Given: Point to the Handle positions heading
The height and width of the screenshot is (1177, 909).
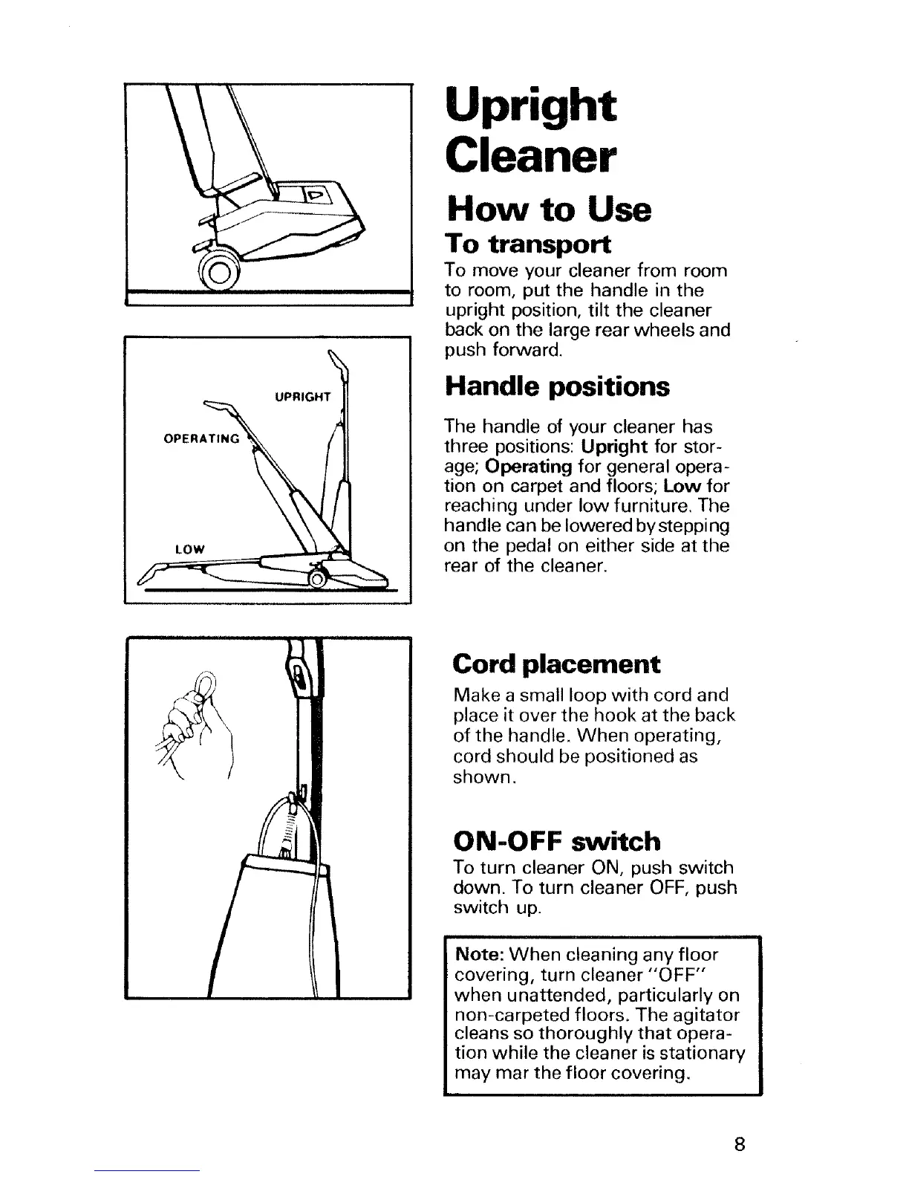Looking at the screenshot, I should [556, 387].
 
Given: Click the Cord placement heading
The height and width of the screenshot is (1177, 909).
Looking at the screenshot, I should [556, 664].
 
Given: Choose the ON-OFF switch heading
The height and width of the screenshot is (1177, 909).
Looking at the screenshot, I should [556, 841].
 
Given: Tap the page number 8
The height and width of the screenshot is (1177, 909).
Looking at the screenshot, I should [738, 1145].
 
